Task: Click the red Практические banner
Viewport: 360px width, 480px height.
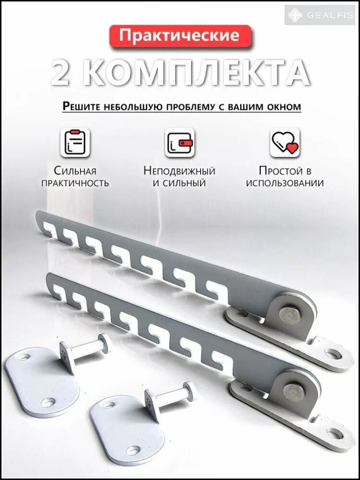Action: tap(180, 36)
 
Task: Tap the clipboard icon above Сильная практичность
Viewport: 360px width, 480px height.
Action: tap(75, 143)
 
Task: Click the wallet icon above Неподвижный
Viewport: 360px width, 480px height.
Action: tap(180, 143)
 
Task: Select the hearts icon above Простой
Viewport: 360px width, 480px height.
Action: tap(285, 143)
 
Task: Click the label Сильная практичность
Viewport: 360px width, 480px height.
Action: tap(75, 177)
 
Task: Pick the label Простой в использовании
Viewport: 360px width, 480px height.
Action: tap(285, 177)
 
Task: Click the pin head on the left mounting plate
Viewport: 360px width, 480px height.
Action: tap(105, 342)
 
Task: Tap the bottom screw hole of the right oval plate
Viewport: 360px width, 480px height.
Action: tap(133, 450)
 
